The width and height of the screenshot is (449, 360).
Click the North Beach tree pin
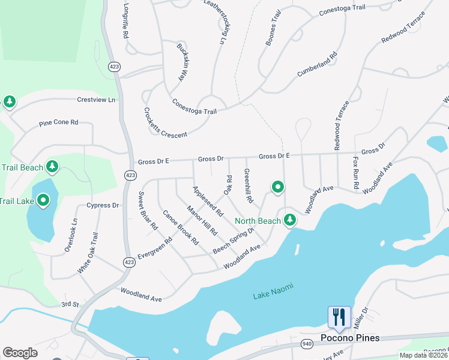click(290, 220)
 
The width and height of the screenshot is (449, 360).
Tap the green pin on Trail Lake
click(43, 200)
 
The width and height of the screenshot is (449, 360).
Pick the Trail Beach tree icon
click(53, 166)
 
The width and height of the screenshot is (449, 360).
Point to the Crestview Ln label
click(96, 100)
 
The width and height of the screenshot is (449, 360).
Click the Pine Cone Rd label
click(59, 122)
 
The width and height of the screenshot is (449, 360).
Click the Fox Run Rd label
click(356, 170)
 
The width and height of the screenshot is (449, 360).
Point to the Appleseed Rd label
click(208, 201)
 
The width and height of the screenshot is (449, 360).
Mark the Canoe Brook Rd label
click(180, 227)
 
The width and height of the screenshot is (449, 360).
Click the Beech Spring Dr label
click(234, 239)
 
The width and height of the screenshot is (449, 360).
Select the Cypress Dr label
click(103, 205)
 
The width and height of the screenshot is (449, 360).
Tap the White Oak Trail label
click(87, 254)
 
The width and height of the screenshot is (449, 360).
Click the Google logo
click(20, 353)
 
